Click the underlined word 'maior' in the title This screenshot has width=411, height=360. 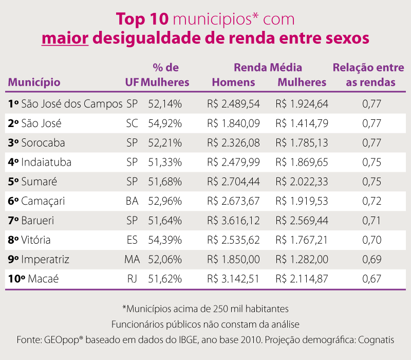tap(65, 38)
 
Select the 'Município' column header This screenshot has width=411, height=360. tap(34, 82)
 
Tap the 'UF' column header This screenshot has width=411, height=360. tap(132, 82)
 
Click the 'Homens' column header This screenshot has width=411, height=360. tap(233, 82)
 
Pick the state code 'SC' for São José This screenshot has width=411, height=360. tap(132, 123)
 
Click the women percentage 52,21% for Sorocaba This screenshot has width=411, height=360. tap(165, 142)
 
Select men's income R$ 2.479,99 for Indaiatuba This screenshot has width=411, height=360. tap(233, 162)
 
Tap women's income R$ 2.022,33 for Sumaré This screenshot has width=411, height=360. tap(302, 182)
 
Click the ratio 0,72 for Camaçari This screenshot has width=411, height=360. tap(371, 201)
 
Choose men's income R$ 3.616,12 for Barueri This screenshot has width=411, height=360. tap(233, 221)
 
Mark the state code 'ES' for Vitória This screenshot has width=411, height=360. tap(132, 240)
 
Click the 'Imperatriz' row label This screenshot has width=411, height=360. tap(45, 259)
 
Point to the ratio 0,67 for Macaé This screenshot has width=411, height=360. tap(371, 279)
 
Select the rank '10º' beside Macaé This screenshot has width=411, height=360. tap(17, 279)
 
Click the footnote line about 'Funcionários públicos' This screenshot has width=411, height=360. tap(206, 325)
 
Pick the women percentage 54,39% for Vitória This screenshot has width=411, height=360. tap(165, 240)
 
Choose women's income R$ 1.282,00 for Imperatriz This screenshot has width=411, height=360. tap(302, 259)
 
